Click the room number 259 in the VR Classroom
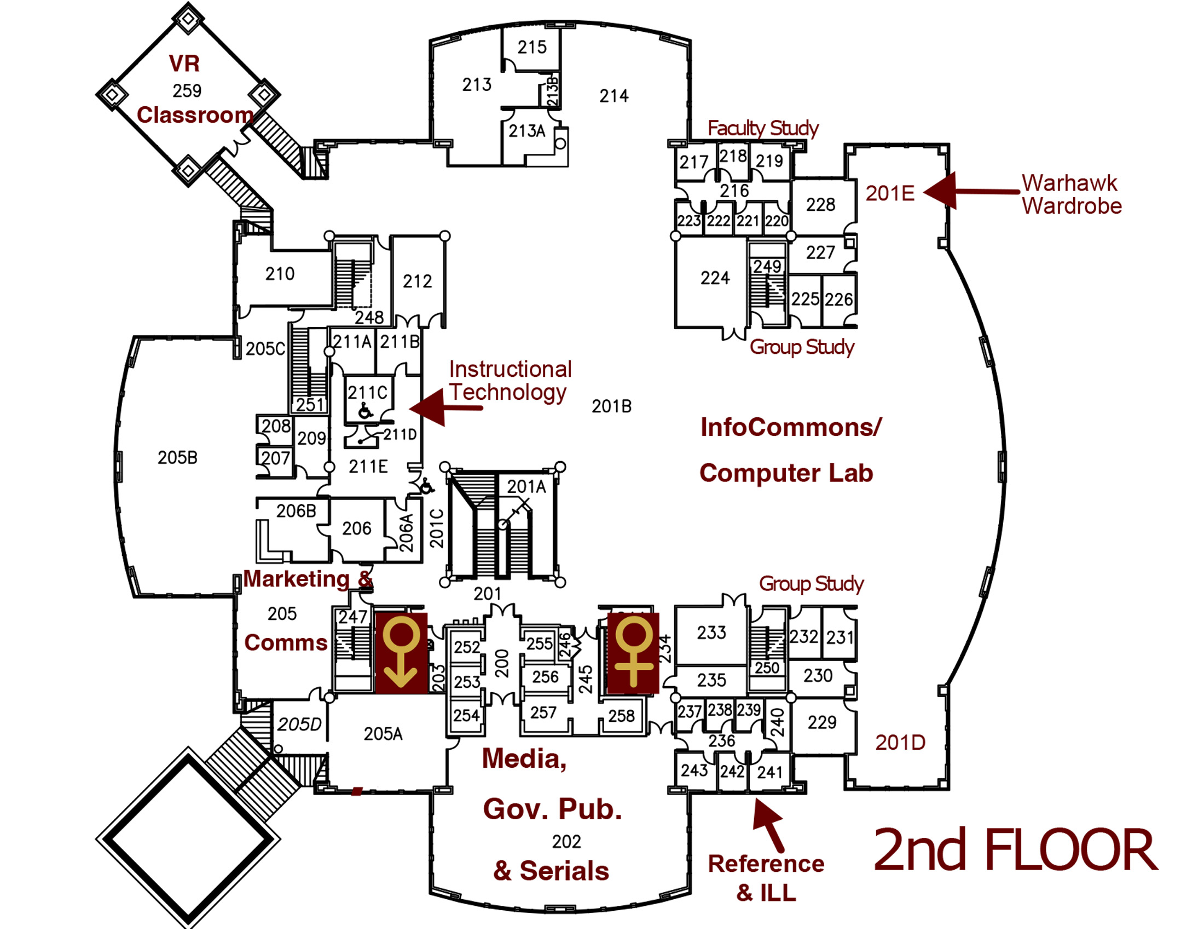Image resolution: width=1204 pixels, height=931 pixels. click(187, 90)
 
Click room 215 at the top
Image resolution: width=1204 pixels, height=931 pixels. click(532, 48)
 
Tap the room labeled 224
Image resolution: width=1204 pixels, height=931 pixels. click(715, 278)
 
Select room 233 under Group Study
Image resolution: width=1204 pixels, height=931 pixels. click(711, 633)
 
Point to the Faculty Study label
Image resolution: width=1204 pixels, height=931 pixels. click(763, 129)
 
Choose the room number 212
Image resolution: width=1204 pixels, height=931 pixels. click(418, 282)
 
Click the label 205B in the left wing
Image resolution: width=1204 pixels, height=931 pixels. click(177, 458)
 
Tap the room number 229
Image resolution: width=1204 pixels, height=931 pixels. click(821, 722)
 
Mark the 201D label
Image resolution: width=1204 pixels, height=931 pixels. click(900, 743)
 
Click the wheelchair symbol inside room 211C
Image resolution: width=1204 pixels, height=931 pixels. click(366, 410)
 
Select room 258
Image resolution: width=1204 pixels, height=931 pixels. click(621, 716)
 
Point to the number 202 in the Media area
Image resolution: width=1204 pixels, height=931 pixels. click(566, 842)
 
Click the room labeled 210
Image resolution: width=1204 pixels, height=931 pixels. click(280, 274)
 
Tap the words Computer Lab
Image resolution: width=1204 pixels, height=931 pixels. click(786, 473)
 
